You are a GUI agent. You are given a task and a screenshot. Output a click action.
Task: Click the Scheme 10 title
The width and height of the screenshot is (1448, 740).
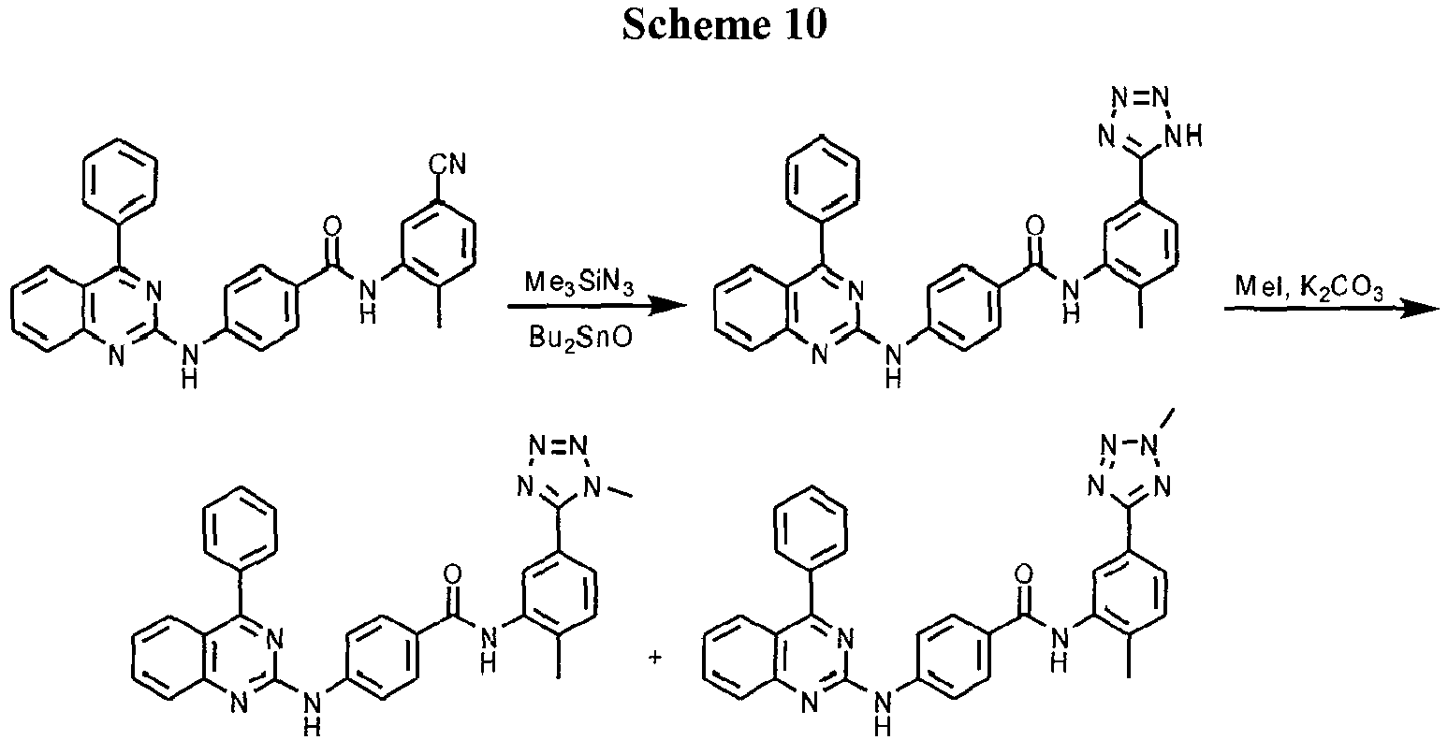click(724, 25)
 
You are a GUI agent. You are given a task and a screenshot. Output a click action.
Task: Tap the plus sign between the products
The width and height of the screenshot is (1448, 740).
click(654, 658)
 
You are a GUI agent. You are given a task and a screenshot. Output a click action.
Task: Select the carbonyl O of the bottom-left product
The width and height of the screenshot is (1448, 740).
click(454, 573)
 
